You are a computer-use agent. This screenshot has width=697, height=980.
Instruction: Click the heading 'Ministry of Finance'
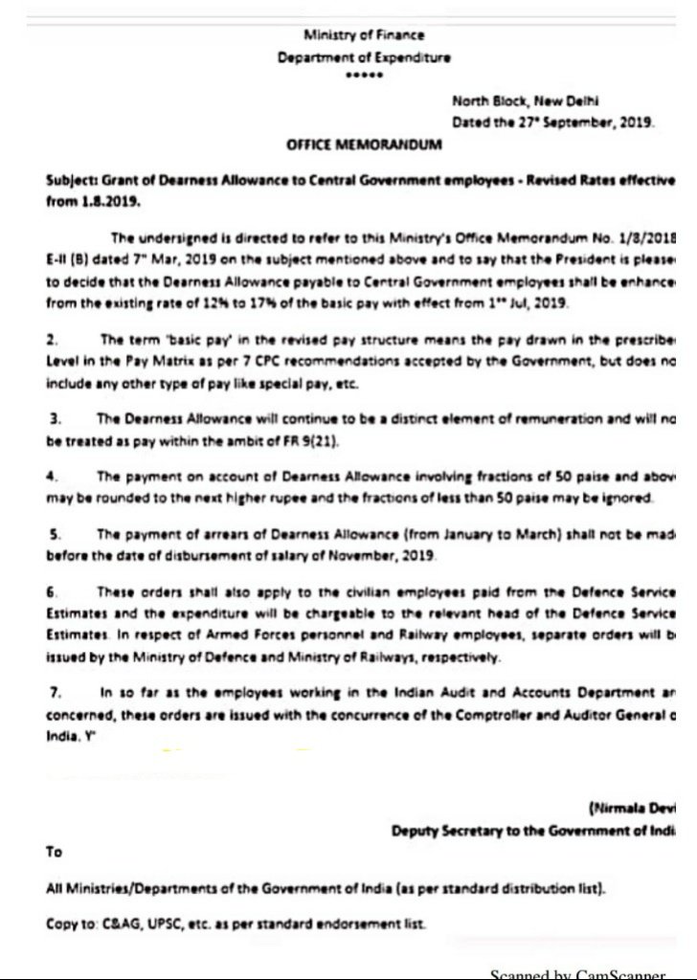click(363, 35)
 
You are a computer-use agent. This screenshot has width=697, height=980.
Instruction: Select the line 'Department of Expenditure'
click(363, 57)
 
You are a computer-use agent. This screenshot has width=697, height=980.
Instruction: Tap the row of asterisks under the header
click(363, 77)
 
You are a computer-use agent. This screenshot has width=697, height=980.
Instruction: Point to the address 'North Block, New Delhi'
click(526, 101)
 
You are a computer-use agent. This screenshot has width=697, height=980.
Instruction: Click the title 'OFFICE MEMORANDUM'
click(364, 145)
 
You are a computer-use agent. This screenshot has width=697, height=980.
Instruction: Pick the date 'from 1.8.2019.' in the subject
click(93, 203)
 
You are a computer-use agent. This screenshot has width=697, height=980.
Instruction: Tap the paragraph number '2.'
click(54, 340)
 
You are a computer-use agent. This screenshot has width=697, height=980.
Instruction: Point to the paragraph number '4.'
click(54, 475)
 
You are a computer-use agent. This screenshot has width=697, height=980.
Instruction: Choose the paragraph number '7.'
click(54, 692)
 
